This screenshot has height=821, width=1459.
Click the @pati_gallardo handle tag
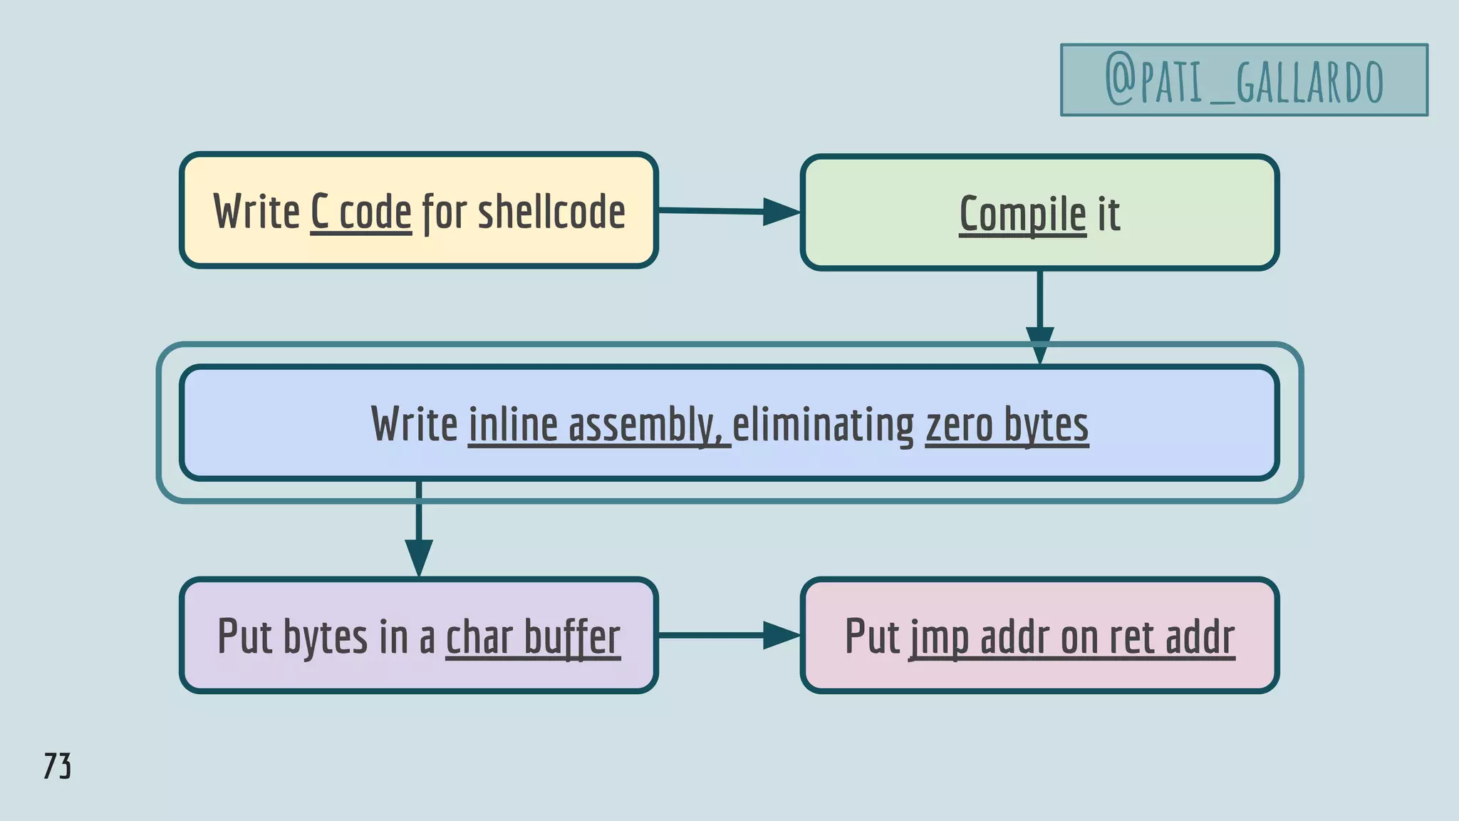tap(1244, 80)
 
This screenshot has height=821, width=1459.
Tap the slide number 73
tap(57, 766)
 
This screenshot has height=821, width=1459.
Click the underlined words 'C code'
tap(361, 212)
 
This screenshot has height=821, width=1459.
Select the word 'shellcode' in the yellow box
tap(551, 212)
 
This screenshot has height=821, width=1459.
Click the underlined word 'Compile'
tap(1022, 214)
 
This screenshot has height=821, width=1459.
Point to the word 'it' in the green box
tap(1108, 214)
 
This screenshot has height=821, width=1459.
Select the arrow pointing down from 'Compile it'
tap(1039, 314)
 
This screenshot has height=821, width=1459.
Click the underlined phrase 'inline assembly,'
tap(599, 425)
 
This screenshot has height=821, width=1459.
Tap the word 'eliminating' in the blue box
tap(823, 425)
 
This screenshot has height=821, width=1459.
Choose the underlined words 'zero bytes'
tap(1007, 425)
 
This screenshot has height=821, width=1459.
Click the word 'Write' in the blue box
tap(414, 425)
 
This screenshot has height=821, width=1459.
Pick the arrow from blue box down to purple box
tap(419, 527)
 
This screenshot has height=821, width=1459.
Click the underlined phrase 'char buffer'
tap(533, 636)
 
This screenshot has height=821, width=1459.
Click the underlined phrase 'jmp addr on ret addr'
tap(1071, 636)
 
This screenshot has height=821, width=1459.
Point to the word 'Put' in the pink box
tap(872, 636)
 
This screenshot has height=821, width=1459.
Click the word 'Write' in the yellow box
tap(256, 212)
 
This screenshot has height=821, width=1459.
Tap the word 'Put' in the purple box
tap(244, 636)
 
